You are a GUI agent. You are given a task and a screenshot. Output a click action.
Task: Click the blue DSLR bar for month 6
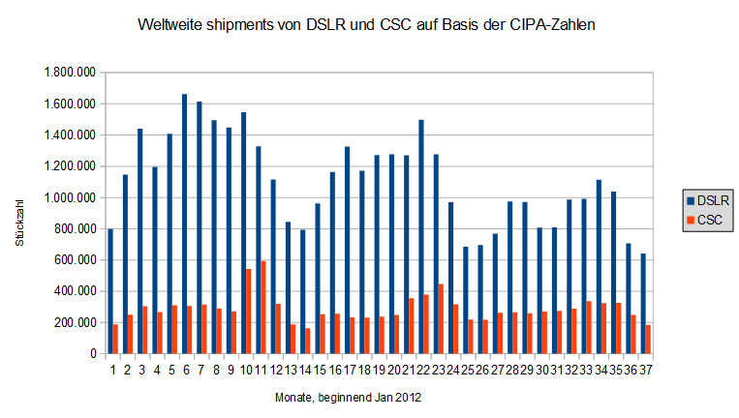(x=184, y=224)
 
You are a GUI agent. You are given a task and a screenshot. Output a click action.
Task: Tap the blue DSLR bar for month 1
(x=110, y=291)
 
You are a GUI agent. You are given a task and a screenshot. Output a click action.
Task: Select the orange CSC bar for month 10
(x=248, y=311)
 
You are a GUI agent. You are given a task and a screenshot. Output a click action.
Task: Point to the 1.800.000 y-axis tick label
(x=69, y=73)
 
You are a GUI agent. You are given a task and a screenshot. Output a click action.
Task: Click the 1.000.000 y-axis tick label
(x=69, y=197)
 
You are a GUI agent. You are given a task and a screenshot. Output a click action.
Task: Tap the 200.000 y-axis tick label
(x=74, y=322)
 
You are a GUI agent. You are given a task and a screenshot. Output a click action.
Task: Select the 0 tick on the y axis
(x=91, y=354)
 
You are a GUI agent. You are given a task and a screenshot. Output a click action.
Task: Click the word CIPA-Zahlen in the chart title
(x=550, y=23)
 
